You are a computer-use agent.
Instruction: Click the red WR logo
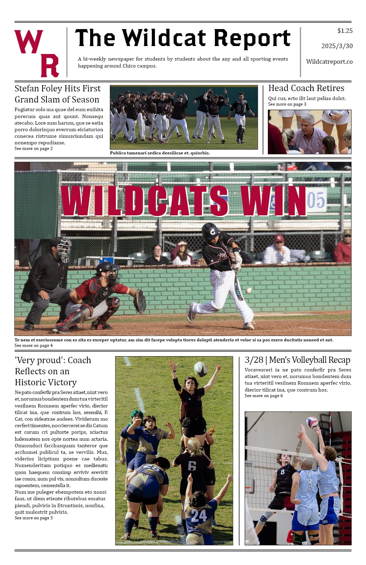(36, 53)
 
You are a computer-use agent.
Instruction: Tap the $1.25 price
(345, 31)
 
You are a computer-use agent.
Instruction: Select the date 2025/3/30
(337, 46)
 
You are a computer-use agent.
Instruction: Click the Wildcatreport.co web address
(329, 62)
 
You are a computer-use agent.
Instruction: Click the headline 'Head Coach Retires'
(306, 88)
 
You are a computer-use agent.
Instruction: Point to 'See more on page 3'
(287, 104)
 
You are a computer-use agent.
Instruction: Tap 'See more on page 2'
(34, 149)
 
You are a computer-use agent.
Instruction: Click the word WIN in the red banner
(273, 201)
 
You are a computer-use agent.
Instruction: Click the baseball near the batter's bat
(249, 290)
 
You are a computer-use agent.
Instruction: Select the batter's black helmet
(210, 231)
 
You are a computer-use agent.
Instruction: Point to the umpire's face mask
(64, 249)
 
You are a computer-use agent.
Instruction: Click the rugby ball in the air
(200, 369)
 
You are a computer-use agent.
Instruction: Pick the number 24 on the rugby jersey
(199, 516)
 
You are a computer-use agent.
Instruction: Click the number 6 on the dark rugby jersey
(192, 466)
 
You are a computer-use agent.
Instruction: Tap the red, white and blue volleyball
(312, 422)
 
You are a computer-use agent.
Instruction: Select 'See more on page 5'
(34, 518)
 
